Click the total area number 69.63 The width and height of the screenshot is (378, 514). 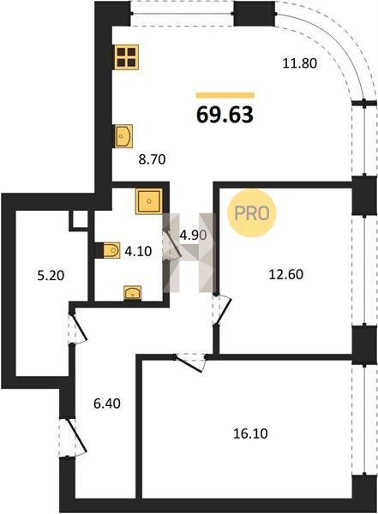pyautogui.click(x=225, y=115)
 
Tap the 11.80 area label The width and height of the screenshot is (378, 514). pyautogui.click(x=300, y=63)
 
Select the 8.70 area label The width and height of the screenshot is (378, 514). pyautogui.click(x=152, y=159)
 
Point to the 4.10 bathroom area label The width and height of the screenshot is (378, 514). pyautogui.click(x=138, y=251)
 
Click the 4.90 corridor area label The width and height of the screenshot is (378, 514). pyautogui.click(x=193, y=235)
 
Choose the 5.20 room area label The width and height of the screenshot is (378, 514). pyautogui.click(x=51, y=276)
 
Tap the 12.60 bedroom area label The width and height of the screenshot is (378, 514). pyautogui.click(x=285, y=274)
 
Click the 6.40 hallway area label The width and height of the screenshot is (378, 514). pyautogui.click(x=107, y=403)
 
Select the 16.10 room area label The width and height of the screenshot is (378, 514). pyautogui.click(x=250, y=433)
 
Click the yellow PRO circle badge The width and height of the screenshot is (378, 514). pyautogui.click(x=252, y=213)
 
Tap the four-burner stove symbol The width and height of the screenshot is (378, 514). pyautogui.click(x=127, y=57)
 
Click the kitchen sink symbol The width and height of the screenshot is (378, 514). pyautogui.click(x=123, y=135)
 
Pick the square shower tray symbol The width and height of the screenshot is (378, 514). pyautogui.click(x=149, y=201)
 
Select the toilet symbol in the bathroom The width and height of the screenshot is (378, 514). pyautogui.click(x=107, y=250)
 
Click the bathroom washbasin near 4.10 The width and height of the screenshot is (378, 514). pyautogui.click(x=132, y=293)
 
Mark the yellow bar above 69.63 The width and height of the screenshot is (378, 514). pyautogui.click(x=225, y=95)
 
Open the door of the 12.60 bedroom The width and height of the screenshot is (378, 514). pyautogui.click(x=222, y=309)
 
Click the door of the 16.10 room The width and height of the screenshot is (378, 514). pyautogui.click(x=190, y=362)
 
